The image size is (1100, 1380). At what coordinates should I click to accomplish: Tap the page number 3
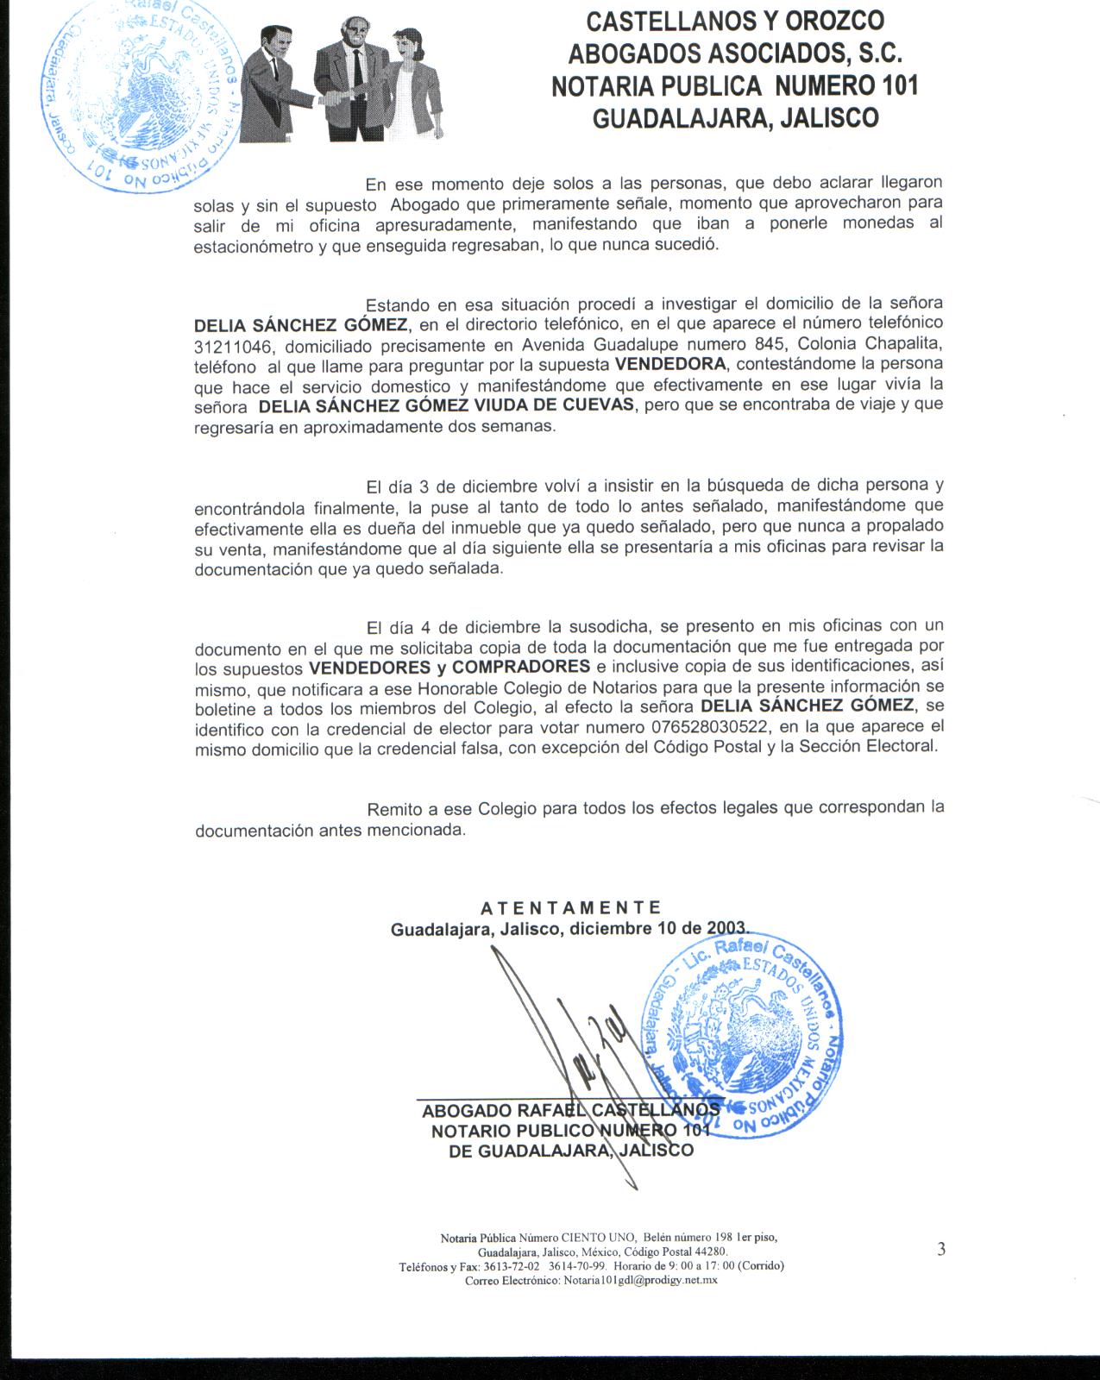coord(941,1248)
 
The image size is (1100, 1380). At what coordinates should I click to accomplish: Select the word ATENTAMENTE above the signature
coord(570,907)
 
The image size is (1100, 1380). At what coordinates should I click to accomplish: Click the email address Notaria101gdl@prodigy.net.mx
coord(640,1280)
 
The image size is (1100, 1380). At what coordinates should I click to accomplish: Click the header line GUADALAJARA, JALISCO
coord(735,118)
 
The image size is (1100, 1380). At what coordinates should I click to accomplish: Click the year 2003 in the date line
coord(726,928)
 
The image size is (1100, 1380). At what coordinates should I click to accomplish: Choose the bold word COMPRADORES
coord(521,667)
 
